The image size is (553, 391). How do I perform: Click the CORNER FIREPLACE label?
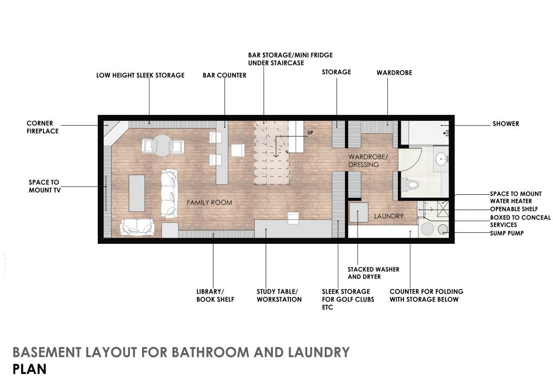pos(42,127)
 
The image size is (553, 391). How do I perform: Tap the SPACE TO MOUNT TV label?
pos(44,186)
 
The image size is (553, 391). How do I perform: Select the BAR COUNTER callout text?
pos(225,75)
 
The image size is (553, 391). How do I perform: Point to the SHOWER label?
pos(505,124)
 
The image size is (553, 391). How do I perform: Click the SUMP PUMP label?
pos(506,233)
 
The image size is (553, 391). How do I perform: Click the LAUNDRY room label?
pos(388,216)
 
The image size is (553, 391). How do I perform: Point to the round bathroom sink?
pos(443,160)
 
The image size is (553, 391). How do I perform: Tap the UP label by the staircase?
pos(310,133)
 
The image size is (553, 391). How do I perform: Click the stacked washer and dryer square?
pos(358,213)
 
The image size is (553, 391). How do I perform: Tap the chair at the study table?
pos(293,218)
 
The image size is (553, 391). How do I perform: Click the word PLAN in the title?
pos(30,370)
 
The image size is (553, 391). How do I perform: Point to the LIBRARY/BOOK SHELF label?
pos(215,295)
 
